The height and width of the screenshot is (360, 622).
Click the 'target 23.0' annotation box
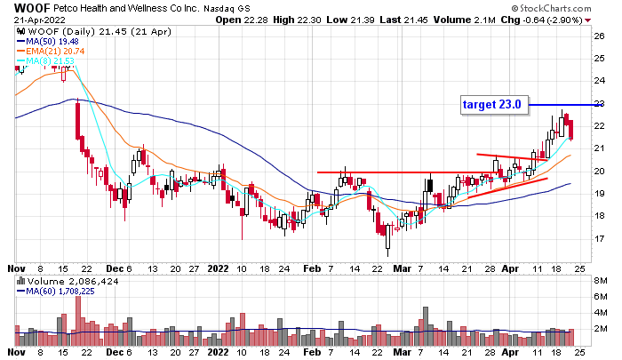pos(492,105)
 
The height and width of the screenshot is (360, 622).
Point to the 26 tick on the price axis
pos(600,36)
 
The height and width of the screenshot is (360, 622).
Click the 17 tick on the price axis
pos(600,239)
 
